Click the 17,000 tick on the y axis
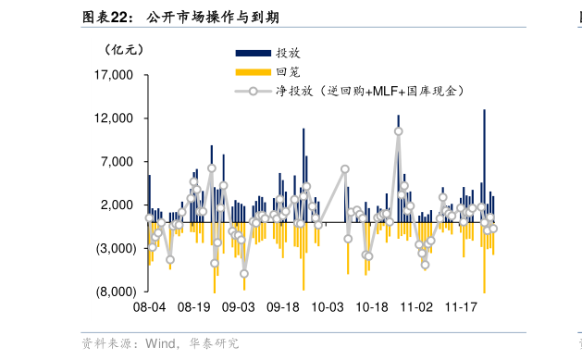pos(116,75)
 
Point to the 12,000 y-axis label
pos(116,118)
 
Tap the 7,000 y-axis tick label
pos(118,162)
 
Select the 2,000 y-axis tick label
pos(118,205)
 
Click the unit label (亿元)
pos(125,49)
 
